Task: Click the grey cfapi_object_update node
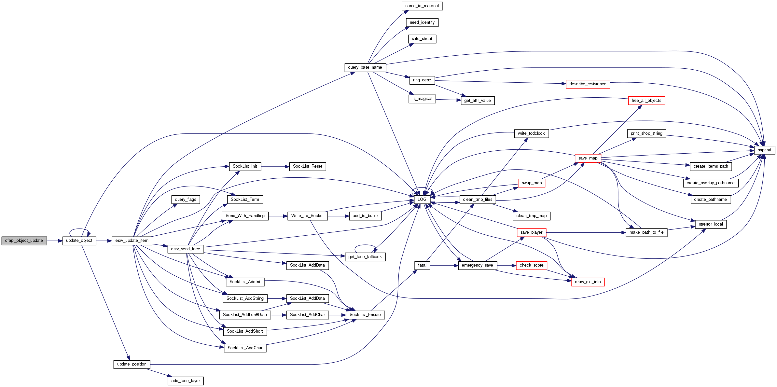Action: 24,241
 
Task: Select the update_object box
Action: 79,241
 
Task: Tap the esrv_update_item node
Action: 132,241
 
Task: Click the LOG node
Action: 422,200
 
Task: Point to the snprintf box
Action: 764,150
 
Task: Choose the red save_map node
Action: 588,158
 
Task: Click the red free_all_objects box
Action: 646,101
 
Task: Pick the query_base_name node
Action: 365,67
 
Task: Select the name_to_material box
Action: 422,6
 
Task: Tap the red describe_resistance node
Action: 588,84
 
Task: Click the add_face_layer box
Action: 186,381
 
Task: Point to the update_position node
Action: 132,364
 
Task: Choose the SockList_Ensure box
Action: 365,315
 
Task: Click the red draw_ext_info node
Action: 588,282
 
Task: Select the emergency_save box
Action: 477,265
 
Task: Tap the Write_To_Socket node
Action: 307,216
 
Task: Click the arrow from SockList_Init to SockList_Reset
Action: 275,167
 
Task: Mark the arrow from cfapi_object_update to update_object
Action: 55,241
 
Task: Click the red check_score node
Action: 531,265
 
